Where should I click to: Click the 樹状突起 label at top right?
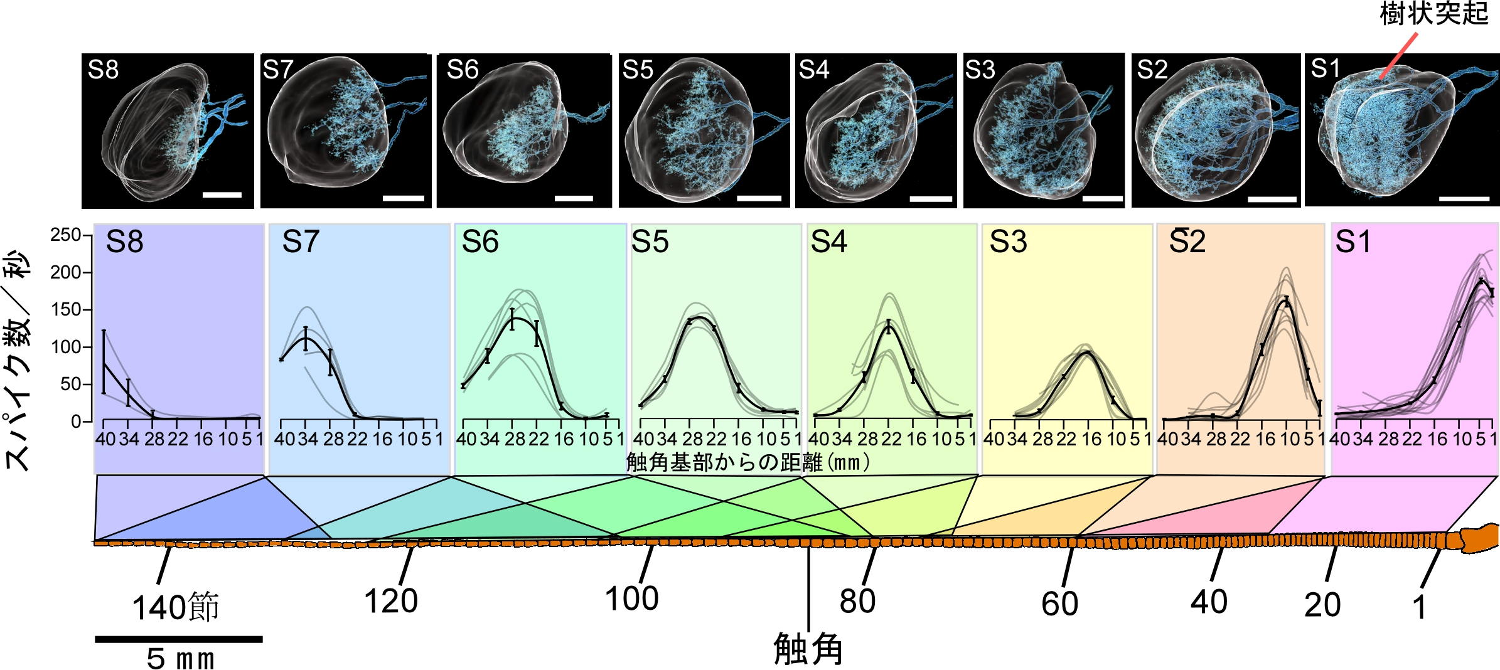[1433, 14]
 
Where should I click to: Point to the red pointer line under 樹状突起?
[1399, 56]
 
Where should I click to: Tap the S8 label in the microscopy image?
[104, 70]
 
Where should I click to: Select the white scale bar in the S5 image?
[759, 198]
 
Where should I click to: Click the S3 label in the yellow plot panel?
[1008, 242]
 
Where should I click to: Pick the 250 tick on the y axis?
[65, 235]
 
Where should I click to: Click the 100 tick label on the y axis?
[65, 347]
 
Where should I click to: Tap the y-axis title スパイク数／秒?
[18, 361]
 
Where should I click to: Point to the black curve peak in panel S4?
[889, 326]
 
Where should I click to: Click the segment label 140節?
[175, 607]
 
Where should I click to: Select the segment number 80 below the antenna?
[857, 601]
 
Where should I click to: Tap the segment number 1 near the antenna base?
[1420, 607]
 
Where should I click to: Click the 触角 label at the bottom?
[808, 649]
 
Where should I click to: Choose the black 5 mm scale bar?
[179, 639]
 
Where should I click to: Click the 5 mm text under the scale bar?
[180, 659]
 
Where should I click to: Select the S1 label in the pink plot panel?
[1353, 242]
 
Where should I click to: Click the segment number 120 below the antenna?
[391, 601]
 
